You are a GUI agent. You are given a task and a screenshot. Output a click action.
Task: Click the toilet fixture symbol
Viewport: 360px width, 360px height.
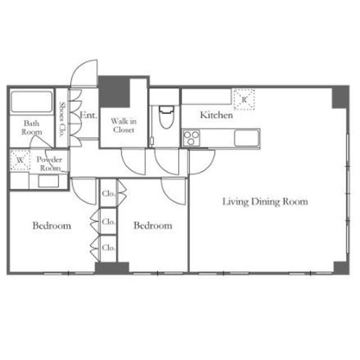click(166, 117)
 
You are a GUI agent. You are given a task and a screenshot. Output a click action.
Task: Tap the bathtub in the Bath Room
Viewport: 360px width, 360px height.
click(31, 102)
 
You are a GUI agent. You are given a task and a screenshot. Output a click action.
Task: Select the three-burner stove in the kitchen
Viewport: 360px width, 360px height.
click(191, 138)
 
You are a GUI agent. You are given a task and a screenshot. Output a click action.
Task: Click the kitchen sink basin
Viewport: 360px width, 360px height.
click(246, 138)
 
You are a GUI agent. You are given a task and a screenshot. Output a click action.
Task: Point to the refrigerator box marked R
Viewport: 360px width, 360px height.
click(244, 100)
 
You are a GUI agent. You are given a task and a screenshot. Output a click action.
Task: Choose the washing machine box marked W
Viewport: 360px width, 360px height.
click(20, 160)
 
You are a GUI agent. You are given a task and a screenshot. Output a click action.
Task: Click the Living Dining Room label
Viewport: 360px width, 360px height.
click(265, 202)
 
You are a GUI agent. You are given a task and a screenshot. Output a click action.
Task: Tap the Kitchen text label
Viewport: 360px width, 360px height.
click(216, 115)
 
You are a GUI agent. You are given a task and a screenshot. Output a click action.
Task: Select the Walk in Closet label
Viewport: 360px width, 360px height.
click(124, 125)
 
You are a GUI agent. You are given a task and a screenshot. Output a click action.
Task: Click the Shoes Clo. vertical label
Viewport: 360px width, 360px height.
click(62, 120)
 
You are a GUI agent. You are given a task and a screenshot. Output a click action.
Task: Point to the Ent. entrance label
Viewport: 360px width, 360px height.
click(88, 115)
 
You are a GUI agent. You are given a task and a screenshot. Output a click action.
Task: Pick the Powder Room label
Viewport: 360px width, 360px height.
click(49, 164)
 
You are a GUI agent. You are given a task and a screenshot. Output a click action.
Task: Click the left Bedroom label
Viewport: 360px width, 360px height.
click(52, 226)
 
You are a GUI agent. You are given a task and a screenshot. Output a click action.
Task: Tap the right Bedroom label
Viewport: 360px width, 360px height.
click(153, 226)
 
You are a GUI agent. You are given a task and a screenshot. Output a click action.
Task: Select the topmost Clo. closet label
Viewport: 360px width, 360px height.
click(109, 193)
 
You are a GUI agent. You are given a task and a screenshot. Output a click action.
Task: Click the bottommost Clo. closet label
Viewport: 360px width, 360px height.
click(109, 248)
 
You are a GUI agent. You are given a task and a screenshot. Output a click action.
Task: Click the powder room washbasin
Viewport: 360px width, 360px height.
click(48, 181)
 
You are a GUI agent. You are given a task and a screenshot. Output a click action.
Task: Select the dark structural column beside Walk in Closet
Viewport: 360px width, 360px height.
click(114, 92)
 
